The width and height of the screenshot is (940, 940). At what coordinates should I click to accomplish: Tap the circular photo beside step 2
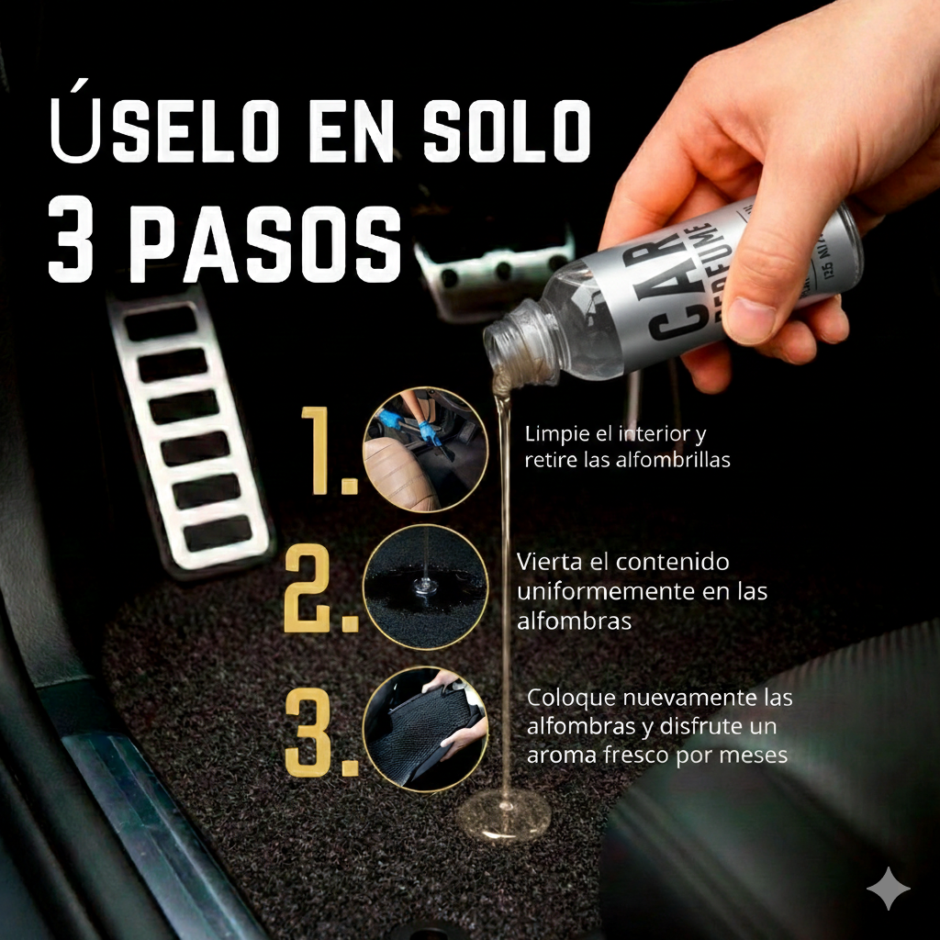click(426, 587)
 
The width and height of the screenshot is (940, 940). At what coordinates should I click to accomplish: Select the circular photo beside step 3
click(426, 729)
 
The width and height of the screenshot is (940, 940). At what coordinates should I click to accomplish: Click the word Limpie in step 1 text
click(554, 433)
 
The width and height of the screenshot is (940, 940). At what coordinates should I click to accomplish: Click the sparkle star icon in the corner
click(889, 888)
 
